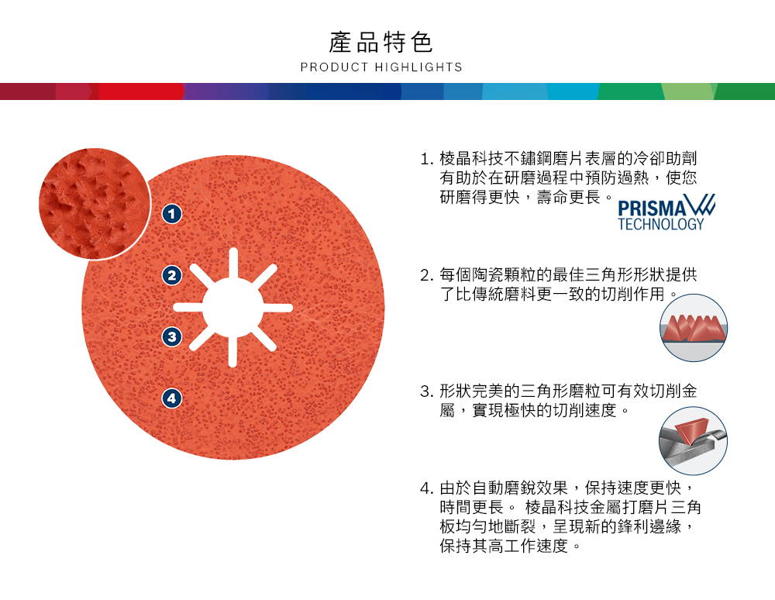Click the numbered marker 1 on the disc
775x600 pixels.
point(172,213)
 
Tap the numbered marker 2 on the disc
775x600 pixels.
point(172,274)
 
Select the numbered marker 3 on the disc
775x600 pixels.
point(172,336)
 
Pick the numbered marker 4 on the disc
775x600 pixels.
point(172,398)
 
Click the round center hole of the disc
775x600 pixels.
point(232,308)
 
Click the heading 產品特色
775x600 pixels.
point(381,42)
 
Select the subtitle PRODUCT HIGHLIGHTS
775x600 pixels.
point(381,67)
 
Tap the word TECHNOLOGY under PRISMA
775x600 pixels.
point(661,225)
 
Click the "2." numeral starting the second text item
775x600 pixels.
point(426,275)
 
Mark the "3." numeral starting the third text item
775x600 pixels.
point(426,391)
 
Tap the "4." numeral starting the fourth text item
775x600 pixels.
point(426,489)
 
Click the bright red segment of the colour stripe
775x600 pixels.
point(139,91)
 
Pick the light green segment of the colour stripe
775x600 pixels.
point(690,91)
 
